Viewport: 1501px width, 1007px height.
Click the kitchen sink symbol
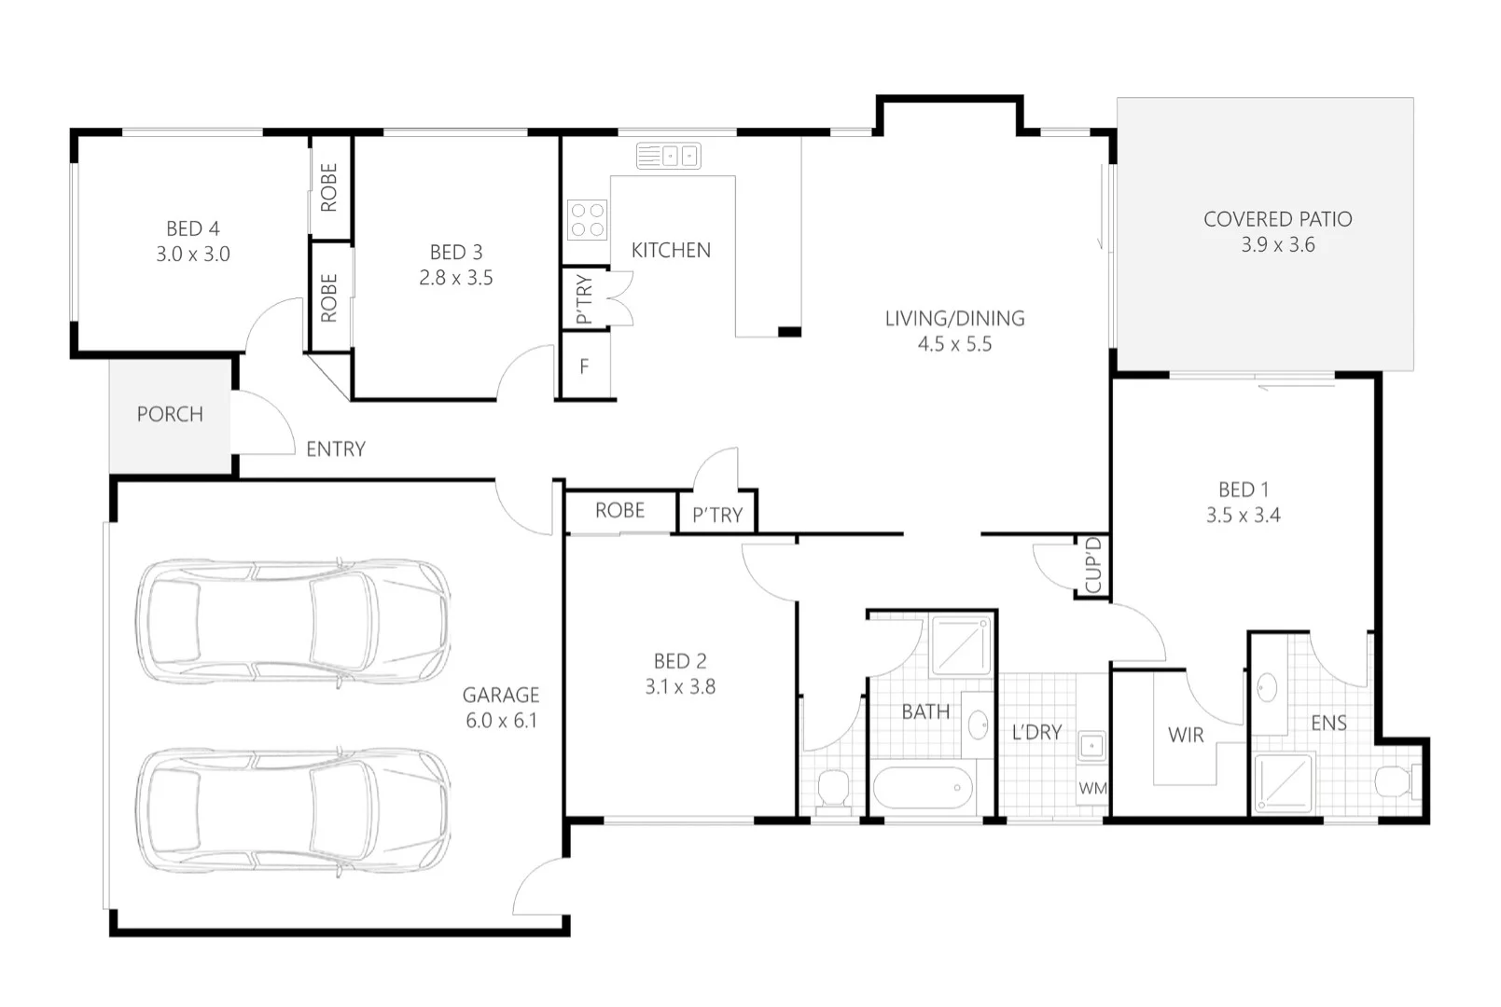668,156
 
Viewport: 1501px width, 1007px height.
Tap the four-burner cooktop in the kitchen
587,219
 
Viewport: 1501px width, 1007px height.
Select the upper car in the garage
294,617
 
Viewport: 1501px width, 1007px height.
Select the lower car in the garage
294,809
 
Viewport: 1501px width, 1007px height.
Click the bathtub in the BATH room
922,789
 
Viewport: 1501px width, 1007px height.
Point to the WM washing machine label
1092,789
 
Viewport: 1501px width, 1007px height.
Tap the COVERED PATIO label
1277,219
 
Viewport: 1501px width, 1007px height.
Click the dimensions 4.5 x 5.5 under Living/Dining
954,344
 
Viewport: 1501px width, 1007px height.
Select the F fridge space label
584,367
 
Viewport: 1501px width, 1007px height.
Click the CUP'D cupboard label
1093,565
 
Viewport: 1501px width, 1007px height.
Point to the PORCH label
170,414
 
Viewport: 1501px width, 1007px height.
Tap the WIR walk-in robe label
1186,735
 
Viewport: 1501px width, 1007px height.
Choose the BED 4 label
193,228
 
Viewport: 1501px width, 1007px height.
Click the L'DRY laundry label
1036,733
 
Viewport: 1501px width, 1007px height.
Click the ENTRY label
336,449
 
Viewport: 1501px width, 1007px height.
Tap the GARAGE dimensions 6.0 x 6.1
501,721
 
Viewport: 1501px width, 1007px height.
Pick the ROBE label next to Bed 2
620,511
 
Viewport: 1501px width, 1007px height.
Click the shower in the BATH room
961,644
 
